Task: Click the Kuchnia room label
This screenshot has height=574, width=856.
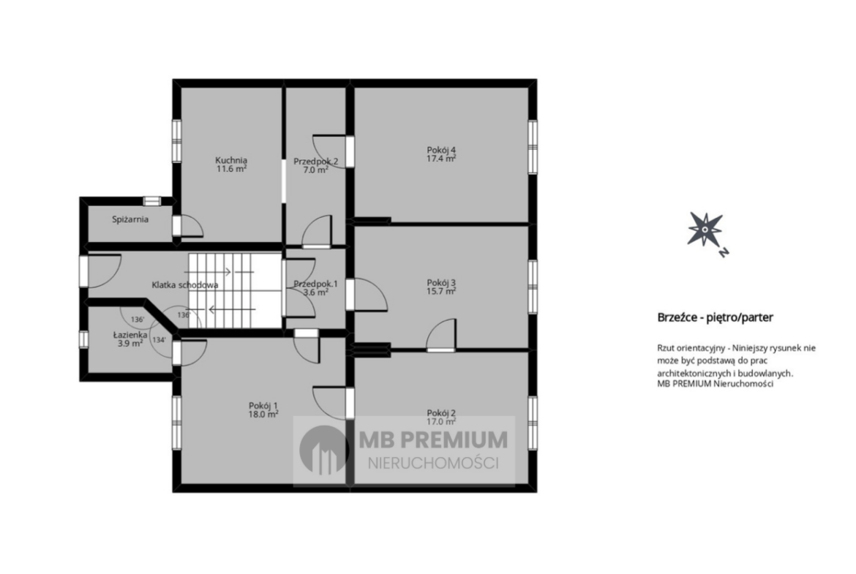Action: click(x=231, y=160)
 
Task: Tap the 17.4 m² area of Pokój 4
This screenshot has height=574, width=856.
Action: click(x=441, y=159)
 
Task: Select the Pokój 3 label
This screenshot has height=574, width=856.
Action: click(x=441, y=283)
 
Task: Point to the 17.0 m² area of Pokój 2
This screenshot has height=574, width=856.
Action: click(x=441, y=422)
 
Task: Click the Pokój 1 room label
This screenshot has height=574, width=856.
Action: click(x=263, y=405)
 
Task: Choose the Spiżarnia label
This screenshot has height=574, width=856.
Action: click(x=130, y=219)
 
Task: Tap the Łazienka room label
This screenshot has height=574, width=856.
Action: click(x=130, y=335)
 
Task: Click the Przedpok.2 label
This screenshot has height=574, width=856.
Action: click(x=315, y=162)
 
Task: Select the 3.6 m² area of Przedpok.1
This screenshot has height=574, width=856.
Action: click(x=315, y=292)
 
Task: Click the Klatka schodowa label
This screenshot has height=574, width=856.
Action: click(x=185, y=285)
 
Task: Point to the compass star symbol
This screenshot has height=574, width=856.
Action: click(x=705, y=229)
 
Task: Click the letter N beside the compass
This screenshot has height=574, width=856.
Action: click(x=724, y=252)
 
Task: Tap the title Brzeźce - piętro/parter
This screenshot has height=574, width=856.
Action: click(x=715, y=317)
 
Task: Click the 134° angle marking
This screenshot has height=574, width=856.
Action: click(x=159, y=339)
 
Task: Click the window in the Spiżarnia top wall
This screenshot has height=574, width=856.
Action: click(x=151, y=201)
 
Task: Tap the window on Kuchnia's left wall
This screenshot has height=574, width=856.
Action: click(x=176, y=140)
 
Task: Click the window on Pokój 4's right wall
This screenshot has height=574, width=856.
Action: click(x=533, y=147)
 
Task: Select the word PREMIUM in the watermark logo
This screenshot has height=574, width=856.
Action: click(x=457, y=439)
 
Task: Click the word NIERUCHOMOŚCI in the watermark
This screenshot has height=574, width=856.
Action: click(x=433, y=464)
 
